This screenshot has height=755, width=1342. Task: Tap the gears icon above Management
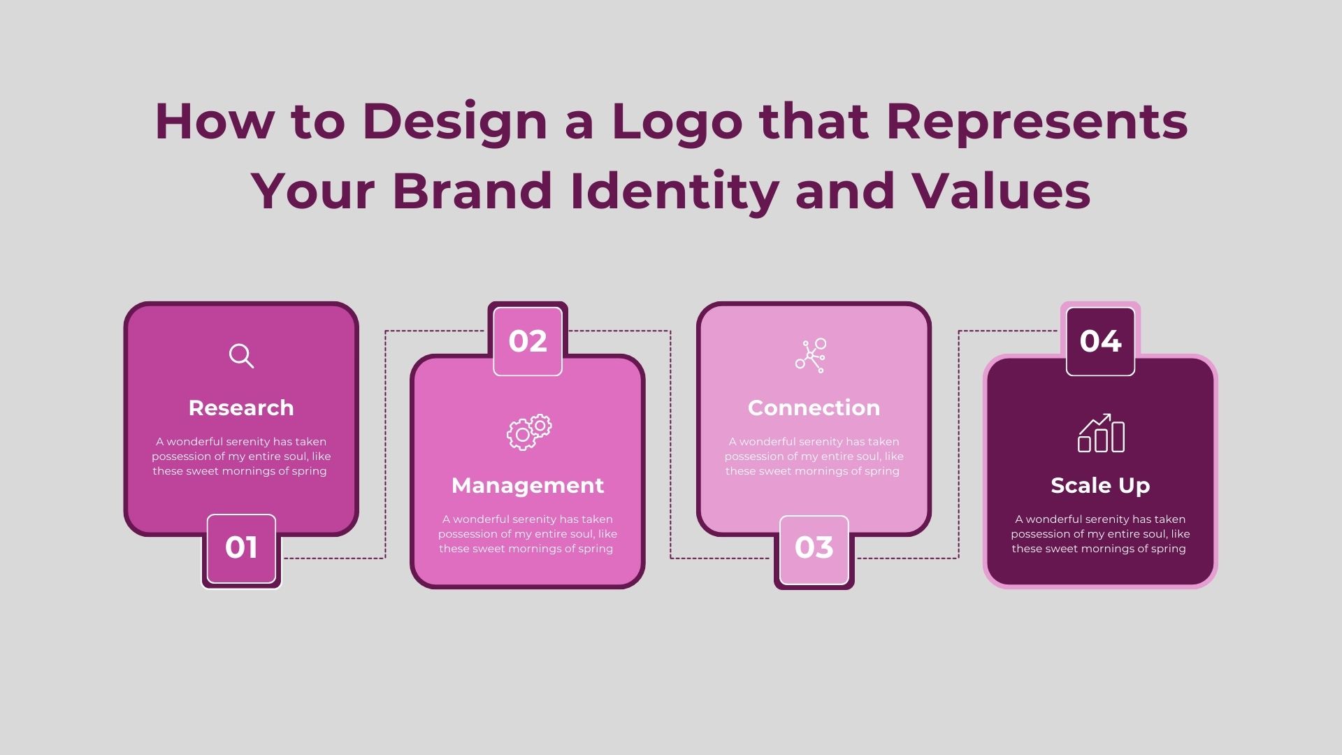[529, 432]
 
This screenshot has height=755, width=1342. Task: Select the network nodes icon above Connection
[811, 355]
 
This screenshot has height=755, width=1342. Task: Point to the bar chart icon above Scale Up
[1101, 433]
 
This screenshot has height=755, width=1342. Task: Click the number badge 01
[241, 549]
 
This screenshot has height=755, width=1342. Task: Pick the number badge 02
[528, 341]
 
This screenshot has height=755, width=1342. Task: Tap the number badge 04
[1100, 341]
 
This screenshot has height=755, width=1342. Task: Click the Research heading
[241, 408]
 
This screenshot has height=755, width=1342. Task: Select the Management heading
[528, 485]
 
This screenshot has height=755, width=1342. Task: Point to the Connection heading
[814, 408]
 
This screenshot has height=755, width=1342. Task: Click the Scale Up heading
[1100, 486]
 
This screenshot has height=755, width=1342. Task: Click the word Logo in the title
[677, 124]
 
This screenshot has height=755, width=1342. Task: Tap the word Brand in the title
[472, 190]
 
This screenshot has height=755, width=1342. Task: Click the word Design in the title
[455, 124]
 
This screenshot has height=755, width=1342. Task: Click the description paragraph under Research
[241, 456]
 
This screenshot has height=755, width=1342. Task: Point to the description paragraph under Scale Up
[1100, 534]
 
